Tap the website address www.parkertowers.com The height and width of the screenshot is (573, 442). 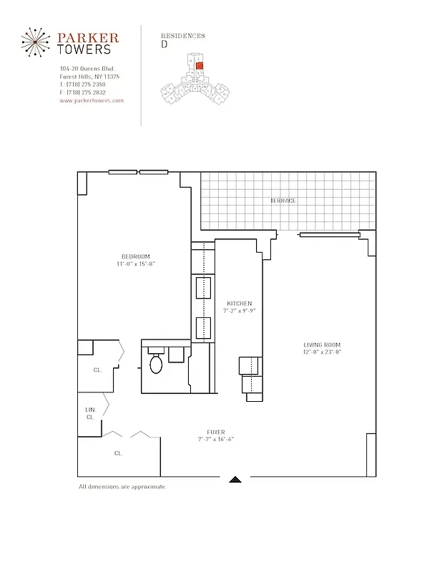[x=92, y=101]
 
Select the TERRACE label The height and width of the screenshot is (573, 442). [x=283, y=201]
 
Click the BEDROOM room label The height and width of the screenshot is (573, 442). [x=135, y=256]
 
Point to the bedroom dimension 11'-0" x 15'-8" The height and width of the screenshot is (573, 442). [x=135, y=264]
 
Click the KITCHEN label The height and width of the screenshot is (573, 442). [x=239, y=304]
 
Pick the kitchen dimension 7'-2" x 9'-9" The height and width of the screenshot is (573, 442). [x=239, y=312]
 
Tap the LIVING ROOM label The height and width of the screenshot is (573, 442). [x=322, y=345]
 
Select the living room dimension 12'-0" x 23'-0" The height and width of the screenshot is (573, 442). [x=322, y=352]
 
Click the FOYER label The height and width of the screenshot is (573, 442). [x=215, y=432]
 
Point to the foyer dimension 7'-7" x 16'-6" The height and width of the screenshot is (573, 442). [x=215, y=439]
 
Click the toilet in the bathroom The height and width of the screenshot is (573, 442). [x=157, y=363]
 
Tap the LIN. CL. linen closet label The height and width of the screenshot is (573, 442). [x=90, y=413]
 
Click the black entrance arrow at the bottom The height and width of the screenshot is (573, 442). [x=235, y=479]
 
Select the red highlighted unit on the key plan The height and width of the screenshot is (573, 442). [x=200, y=66]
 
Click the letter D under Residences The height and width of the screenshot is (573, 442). [x=164, y=44]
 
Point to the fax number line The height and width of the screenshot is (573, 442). [x=82, y=92]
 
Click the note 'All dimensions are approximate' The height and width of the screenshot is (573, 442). [x=122, y=487]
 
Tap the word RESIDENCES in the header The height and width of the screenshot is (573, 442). [x=183, y=35]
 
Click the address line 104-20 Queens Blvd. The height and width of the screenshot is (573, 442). [x=84, y=68]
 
